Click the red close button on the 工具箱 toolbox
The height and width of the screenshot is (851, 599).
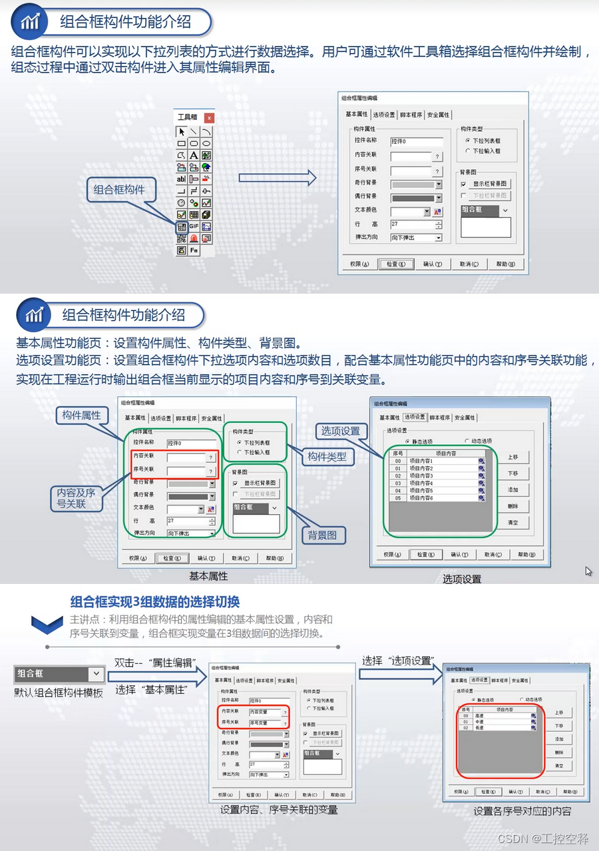tap(209, 118)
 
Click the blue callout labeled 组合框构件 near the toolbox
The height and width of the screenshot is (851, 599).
tap(119, 190)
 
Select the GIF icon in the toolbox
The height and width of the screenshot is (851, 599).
tap(194, 226)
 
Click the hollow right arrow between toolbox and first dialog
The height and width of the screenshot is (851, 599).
tap(276, 177)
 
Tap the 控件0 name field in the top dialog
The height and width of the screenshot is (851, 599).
tap(417, 141)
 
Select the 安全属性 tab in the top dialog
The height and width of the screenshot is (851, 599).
tap(438, 115)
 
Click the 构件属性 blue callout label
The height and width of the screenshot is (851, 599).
tap(82, 415)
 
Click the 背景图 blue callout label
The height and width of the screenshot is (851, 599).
tap(321, 535)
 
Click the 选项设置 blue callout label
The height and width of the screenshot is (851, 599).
tap(340, 431)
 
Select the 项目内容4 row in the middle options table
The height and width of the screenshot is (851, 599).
tap(433, 483)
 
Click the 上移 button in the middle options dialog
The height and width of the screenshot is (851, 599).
tap(512, 457)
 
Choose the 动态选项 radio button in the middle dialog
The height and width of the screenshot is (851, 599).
tap(467, 441)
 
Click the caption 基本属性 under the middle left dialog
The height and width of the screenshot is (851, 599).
tap(208, 576)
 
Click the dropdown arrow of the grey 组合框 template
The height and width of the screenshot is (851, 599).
tap(97, 673)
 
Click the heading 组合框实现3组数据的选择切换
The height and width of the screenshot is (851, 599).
tap(154, 602)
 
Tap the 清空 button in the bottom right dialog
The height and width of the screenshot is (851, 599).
tap(559, 766)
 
